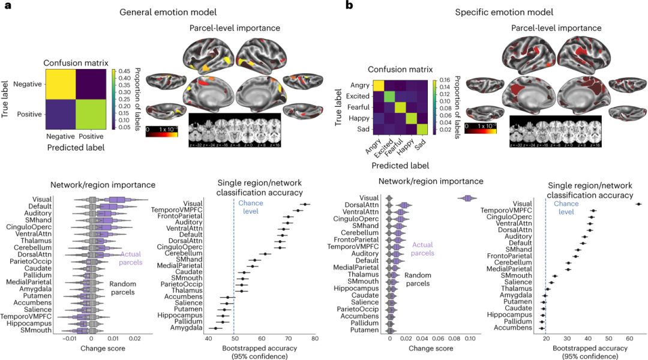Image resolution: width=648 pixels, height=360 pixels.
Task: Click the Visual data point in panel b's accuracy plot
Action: (x=638, y=204)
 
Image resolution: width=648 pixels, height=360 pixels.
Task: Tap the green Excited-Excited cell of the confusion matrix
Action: (x=389, y=97)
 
